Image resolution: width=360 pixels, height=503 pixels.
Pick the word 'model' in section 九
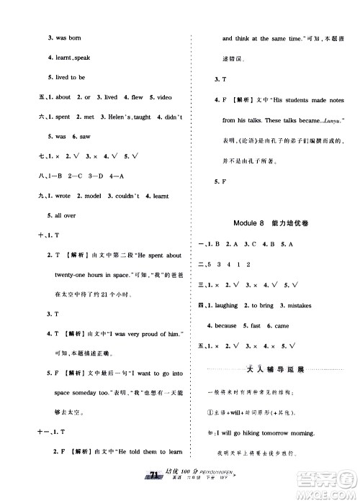coord(89,194)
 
